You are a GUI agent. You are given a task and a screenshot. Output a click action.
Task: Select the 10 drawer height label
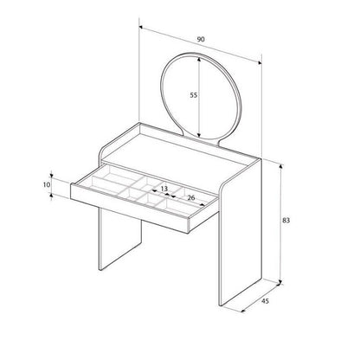[x=48, y=183]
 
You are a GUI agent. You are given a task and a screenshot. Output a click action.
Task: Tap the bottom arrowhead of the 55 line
[x=201, y=135]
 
